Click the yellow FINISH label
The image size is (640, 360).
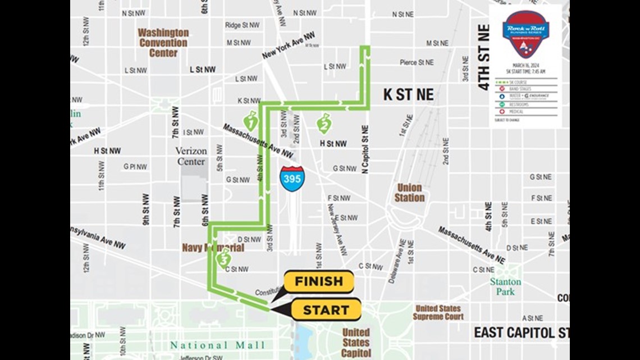tap(318, 281)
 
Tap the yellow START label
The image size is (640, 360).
tap(326, 310)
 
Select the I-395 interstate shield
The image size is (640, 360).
tap(291, 178)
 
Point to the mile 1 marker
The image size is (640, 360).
tap(251, 120)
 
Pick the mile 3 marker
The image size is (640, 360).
tap(224, 259)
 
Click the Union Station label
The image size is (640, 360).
tap(409, 193)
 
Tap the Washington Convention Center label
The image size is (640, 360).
tap(163, 43)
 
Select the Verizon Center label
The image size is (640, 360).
tap(191, 156)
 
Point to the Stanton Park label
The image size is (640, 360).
tap(505, 286)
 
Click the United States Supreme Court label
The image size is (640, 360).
tap(438, 312)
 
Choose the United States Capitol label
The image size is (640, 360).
tap(356, 342)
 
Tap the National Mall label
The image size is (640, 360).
tap(217, 345)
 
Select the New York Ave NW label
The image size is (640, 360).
tap(288, 46)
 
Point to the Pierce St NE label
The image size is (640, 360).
tap(417, 62)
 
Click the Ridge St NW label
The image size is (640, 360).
tap(242, 25)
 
